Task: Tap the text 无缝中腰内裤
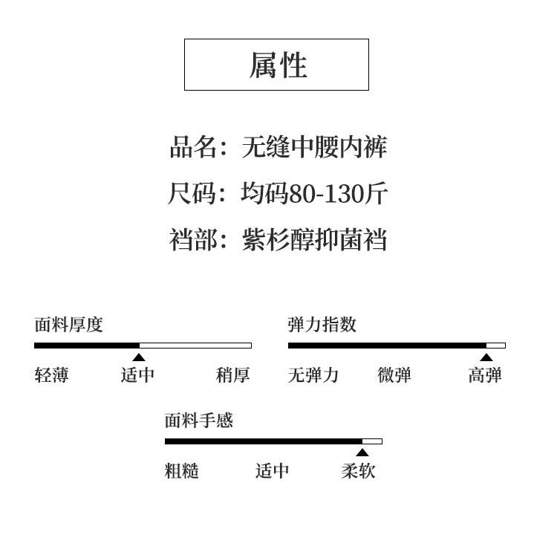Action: point(314,147)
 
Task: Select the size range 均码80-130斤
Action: point(314,194)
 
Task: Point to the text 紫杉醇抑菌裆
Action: point(314,240)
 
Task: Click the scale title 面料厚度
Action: point(68,325)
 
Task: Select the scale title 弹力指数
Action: point(322,325)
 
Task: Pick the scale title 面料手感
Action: point(198,421)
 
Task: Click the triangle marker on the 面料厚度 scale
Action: point(139,357)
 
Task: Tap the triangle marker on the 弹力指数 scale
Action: point(486,357)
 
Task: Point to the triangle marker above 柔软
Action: point(362,453)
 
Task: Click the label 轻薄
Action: point(52,375)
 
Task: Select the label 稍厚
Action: point(233,375)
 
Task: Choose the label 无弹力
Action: point(313,375)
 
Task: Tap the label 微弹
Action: point(394,375)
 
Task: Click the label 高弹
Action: point(485,375)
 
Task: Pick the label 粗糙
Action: point(182,471)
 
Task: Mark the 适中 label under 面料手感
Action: point(272,471)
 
